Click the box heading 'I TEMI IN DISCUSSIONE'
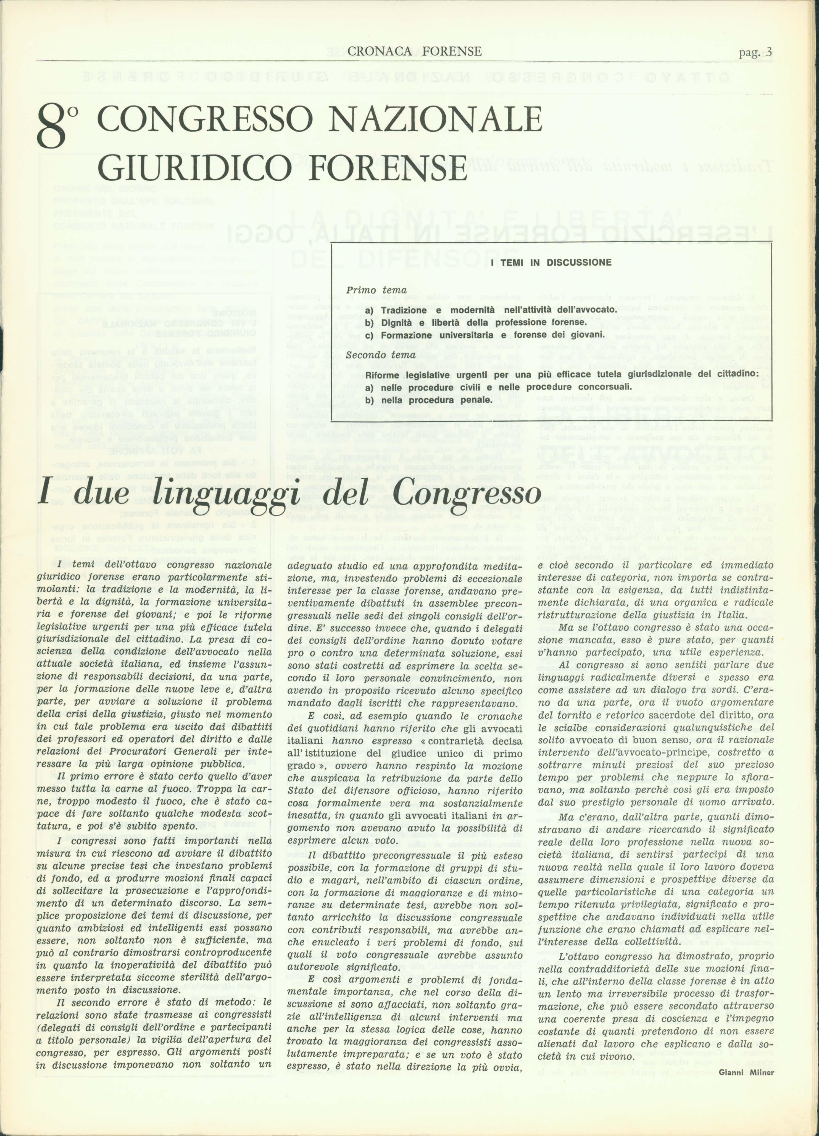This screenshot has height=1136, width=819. click(551, 263)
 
